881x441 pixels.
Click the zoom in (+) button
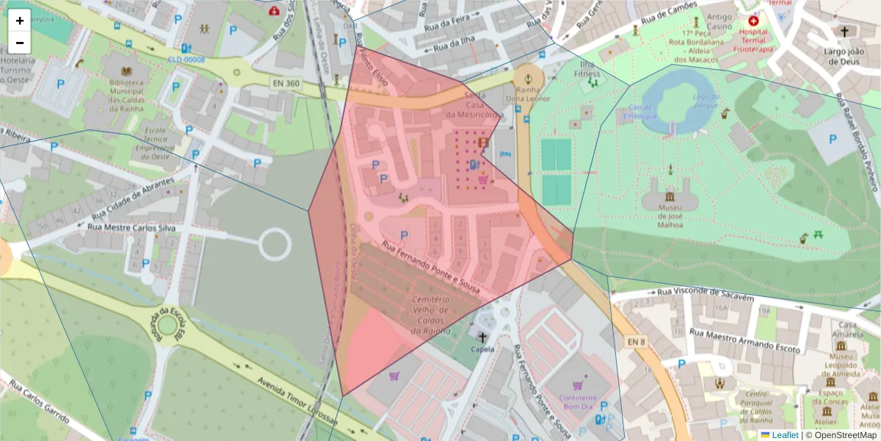pyautogui.click(x=20, y=21)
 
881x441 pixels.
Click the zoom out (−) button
pyautogui.click(x=20, y=43)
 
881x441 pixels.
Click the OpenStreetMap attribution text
pyautogui.click(x=844, y=435)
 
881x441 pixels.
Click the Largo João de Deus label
pyautogui.click(x=843, y=57)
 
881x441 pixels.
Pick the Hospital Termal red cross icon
pyautogui.click(x=753, y=21)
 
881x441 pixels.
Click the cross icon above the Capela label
pyautogui.click(x=482, y=337)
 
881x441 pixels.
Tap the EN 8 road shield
pyautogui.click(x=636, y=342)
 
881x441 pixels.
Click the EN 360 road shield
pyautogui.click(x=285, y=84)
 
